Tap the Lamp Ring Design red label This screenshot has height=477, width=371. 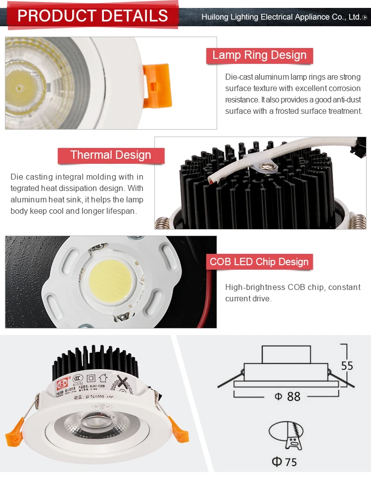click(259, 55)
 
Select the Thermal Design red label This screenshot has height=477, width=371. click(110, 155)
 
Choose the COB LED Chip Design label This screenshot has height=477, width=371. click(259, 262)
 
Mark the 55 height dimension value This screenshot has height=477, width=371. click(347, 366)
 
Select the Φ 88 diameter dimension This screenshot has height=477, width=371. click(287, 397)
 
